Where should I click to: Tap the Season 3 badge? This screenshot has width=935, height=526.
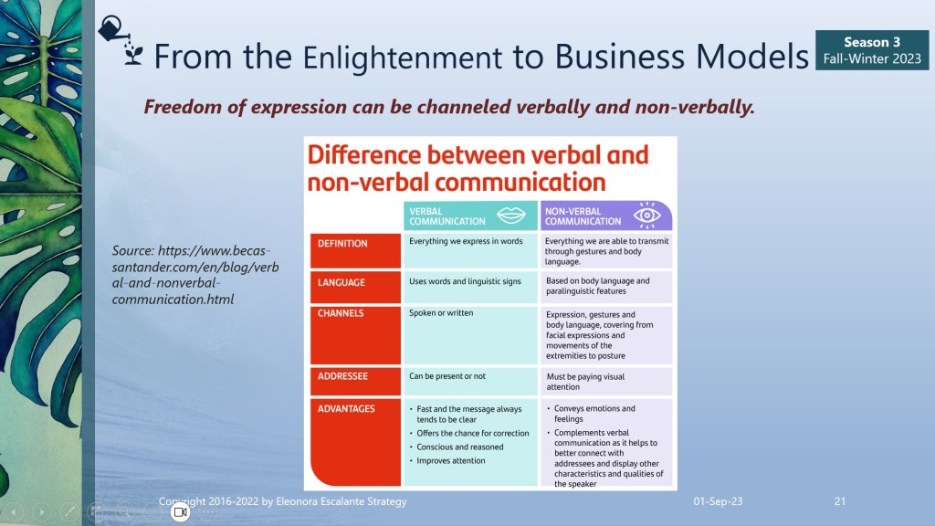[x=872, y=50]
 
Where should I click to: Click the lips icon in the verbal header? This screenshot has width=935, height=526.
[x=511, y=215]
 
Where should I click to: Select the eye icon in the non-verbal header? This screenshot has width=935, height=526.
[x=647, y=216]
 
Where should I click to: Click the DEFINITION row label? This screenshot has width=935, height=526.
[x=342, y=243]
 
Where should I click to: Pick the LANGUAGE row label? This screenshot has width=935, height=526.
[x=341, y=282]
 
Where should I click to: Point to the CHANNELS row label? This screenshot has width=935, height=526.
[x=341, y=313]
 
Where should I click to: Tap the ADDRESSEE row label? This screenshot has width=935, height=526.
[x=342, y=376]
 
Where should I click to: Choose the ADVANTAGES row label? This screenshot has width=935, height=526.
[x=346, y=408]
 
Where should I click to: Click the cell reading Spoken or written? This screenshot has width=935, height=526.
[x=441, y=312]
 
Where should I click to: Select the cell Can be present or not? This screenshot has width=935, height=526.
[x=447, y=375]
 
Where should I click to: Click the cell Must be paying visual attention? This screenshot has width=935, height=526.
[x=585, y=382]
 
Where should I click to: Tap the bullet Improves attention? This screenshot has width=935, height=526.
[x=447, y=460]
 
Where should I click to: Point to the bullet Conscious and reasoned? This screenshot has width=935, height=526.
[x=457, y=447]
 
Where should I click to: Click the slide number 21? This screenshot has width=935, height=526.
[x=840, y=501]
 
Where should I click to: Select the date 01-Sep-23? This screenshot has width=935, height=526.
[x=718, y=501]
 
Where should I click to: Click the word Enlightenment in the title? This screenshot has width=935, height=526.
[x=403, y=58]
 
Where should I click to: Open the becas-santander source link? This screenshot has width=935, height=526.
[x=195, y=275]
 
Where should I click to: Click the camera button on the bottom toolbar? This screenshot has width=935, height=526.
[x=180, y=511]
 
